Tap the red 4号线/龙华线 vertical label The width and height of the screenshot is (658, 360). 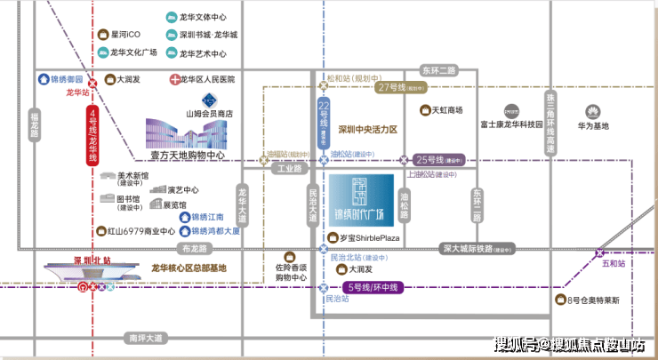click(92, 136)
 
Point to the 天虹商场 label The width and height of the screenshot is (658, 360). click(447, 110)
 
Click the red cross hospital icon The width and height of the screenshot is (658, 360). click(173, 79)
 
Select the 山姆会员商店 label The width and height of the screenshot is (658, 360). click(208, 115)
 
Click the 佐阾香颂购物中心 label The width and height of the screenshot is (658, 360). click(290, 272)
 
